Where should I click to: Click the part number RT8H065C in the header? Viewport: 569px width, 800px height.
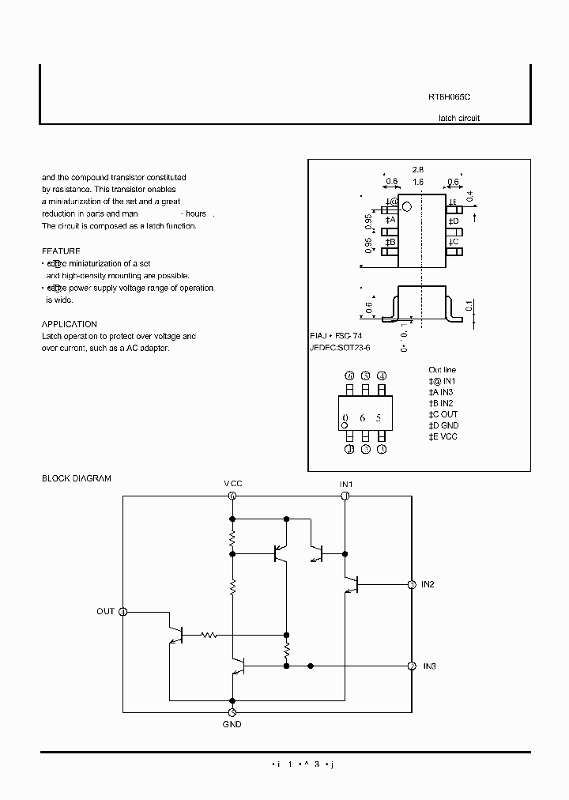pos(449,96)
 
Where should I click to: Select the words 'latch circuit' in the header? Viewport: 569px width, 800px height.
pos(458,118)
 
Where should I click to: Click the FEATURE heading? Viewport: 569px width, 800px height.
pos(61,251)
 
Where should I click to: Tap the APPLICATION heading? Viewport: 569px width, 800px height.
pos(69,324)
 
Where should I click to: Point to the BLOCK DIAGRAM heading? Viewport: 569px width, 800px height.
pos(77,478)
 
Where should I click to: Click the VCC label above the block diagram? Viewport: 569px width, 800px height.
pos(232,483)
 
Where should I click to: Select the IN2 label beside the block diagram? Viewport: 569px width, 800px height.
pos(428,584)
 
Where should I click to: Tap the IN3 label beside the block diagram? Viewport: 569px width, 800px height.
pos(429,666)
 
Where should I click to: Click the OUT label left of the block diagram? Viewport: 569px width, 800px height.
pos(105,611)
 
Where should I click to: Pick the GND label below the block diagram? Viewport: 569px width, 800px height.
pos(232,724)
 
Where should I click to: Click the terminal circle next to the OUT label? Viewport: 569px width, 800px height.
pos(123,611)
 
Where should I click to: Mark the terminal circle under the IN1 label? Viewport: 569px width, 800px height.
pos(345,496)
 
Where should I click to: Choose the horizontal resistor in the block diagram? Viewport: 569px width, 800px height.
pos(209,634)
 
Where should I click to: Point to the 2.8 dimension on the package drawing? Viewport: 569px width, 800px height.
pos(418,169)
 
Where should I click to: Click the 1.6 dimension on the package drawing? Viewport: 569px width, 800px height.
pos(418,182)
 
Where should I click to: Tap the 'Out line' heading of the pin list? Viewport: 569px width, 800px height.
pos(442,370)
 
